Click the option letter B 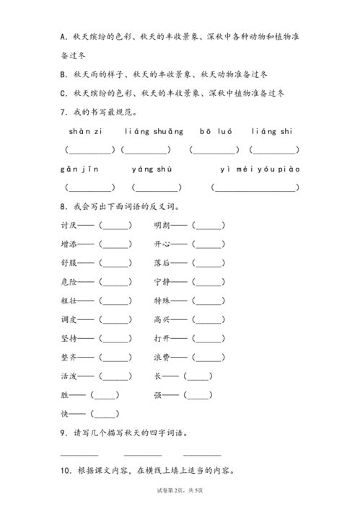pyautogui.click(x=65, y=74)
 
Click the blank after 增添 pyautogui.click(x=115, y=244)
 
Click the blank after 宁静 pyautogui.click(x=208, y=282)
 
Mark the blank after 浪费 pyautogui.click(x=208, y=357)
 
